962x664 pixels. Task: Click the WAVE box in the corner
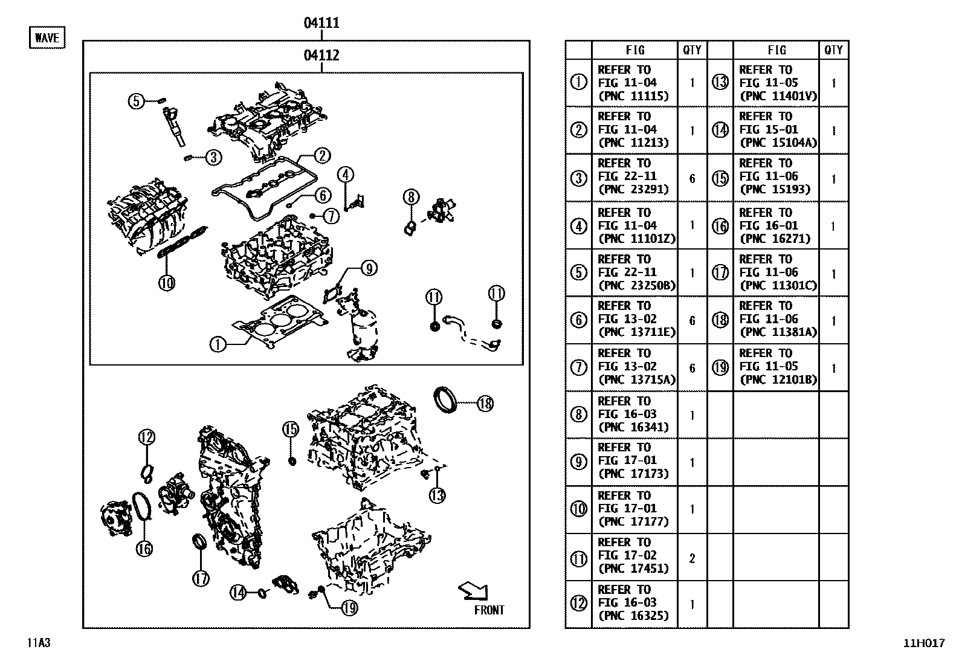coord(47,37)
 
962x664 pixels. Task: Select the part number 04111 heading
coord(321,23)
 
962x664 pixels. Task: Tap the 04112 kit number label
coord(321,56)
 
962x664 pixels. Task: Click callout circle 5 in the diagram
coord(137,101)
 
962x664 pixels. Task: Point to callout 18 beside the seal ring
coord(485,404)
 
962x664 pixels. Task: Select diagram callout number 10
coord(167,282)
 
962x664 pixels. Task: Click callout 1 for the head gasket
coord(218,344)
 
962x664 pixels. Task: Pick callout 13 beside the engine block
coord(437,495)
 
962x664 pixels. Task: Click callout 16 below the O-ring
coord(144,549)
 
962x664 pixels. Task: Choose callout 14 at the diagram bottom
coord(239,593)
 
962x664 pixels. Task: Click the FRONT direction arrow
coord(473,591)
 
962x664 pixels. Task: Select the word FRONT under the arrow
coord(489,610)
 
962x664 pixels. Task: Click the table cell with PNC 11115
coord(633,83)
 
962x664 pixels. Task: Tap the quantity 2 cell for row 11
coord(692,558)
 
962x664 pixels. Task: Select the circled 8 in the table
coord(578,414)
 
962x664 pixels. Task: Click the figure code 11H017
coord(923,643)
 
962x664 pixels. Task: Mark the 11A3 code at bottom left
coord(38,643)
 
